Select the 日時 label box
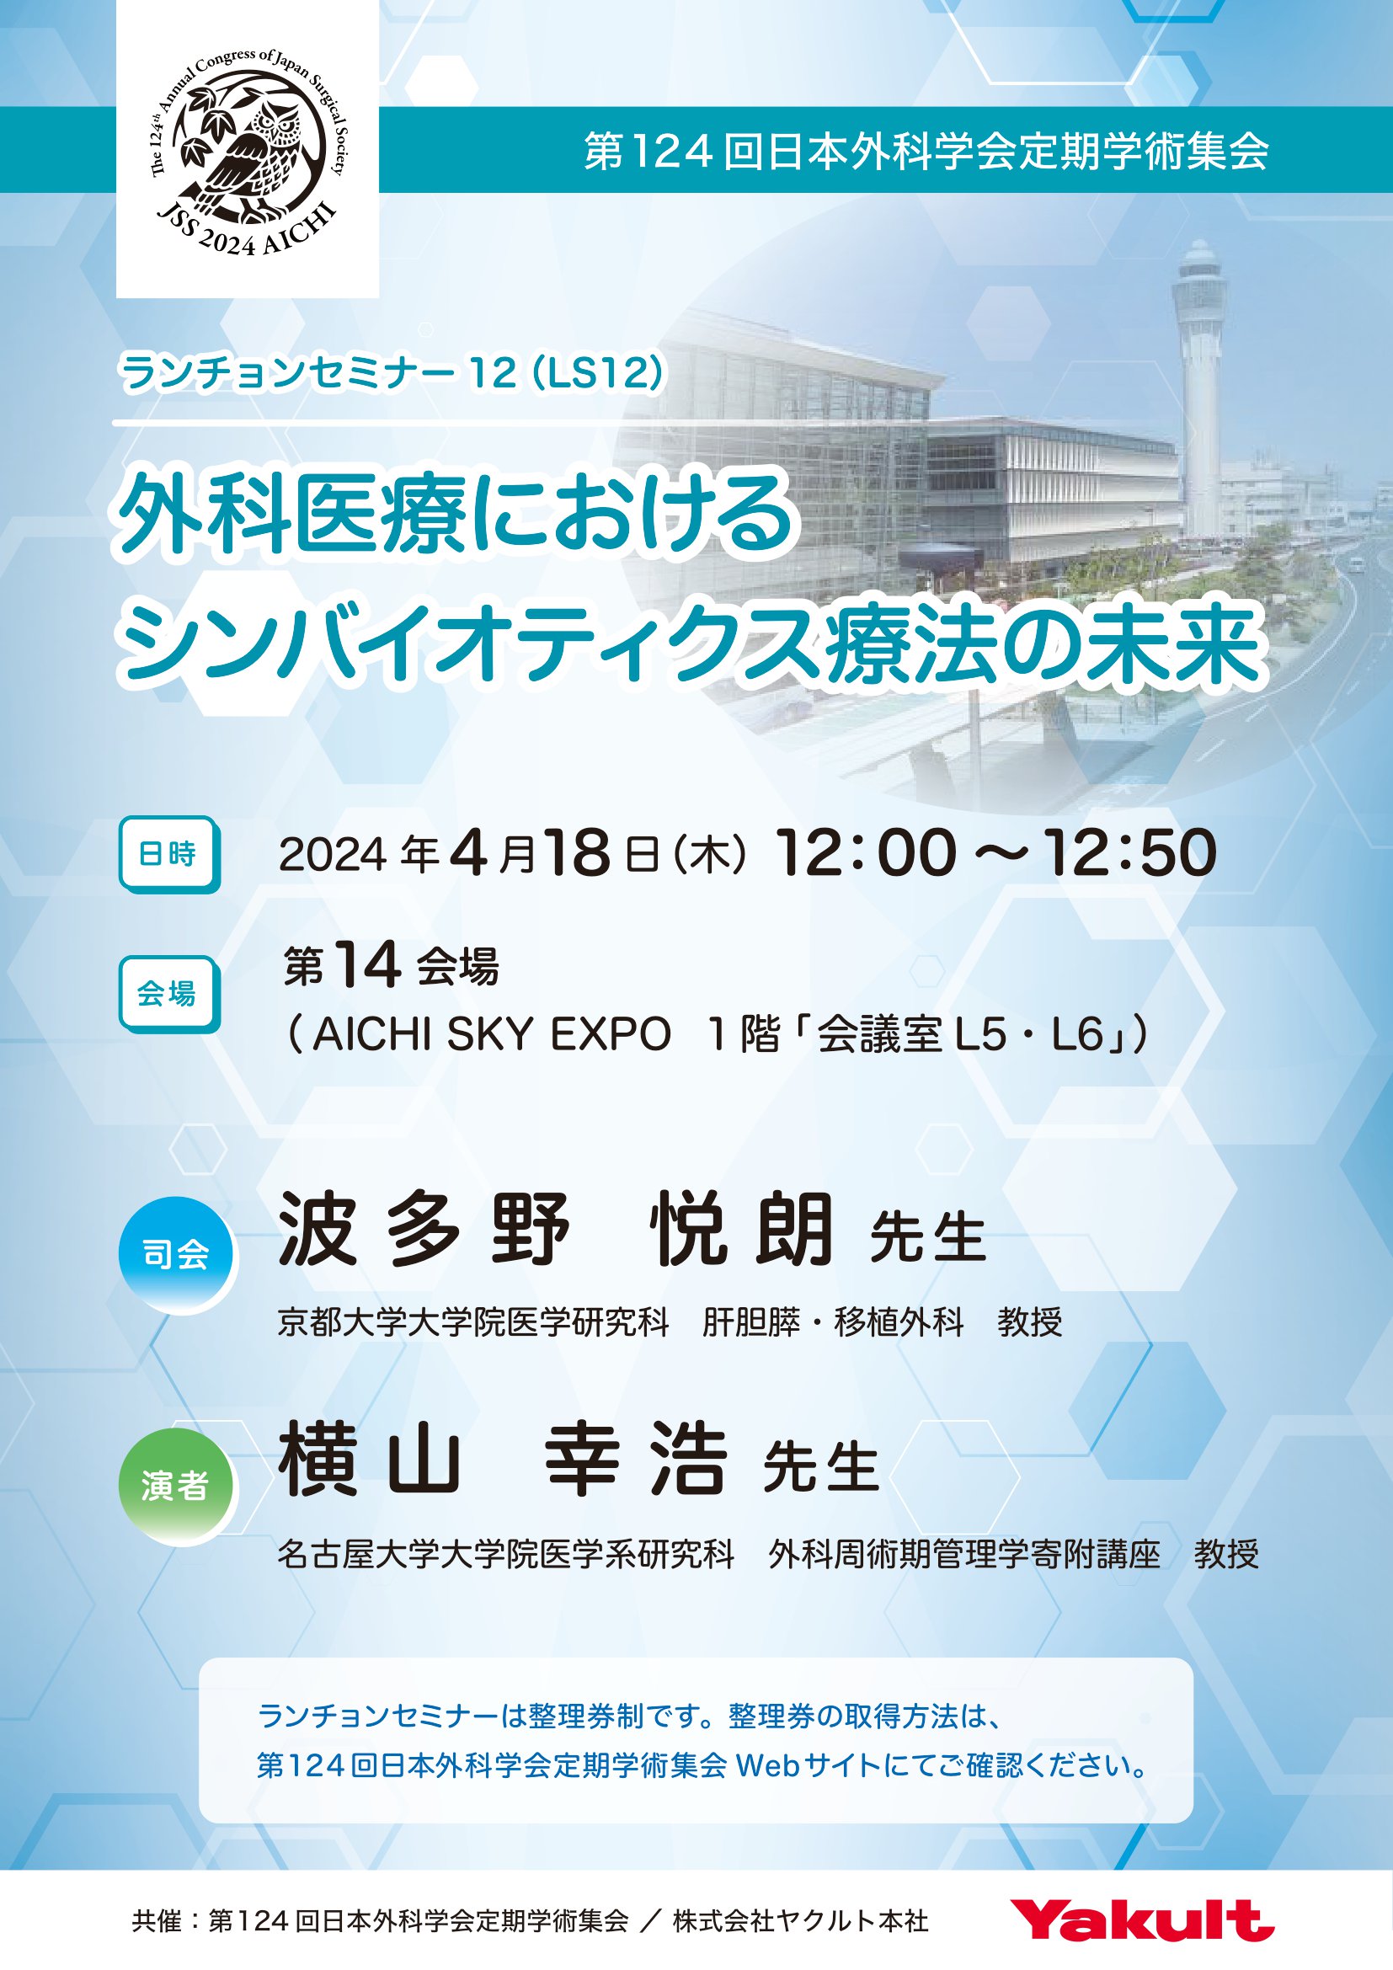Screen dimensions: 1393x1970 169,854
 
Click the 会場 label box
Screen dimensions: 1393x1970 169,994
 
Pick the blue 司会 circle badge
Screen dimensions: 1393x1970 177,1254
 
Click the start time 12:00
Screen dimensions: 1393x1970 866,853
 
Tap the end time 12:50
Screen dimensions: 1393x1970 1129,853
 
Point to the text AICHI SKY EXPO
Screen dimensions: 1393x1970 492,1034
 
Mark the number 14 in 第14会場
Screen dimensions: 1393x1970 367,964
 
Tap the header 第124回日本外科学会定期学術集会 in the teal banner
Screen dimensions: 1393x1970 926,150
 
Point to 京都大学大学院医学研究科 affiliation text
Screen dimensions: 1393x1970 472,1322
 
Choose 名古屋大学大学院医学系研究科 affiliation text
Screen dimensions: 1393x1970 506,1554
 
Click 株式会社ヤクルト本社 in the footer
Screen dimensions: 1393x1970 800,1921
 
